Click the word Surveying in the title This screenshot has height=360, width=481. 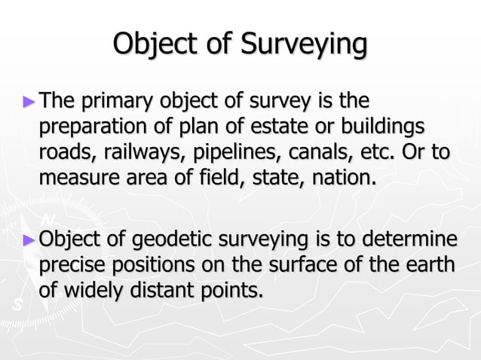tap(305, 44)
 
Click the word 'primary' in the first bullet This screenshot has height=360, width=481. tap(115, 101)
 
